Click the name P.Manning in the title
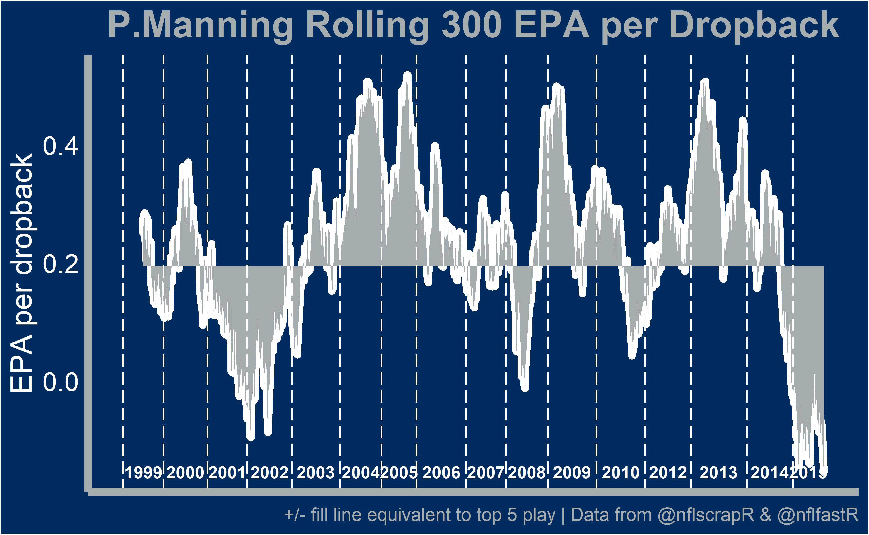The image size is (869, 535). [x=200, y=25]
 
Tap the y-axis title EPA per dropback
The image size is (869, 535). [x=22, y=273]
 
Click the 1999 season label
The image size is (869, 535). [x=143, y=473]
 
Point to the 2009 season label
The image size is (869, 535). [x=572, y=473]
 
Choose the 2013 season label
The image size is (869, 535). [x=718, y=473]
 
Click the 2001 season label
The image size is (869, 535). [x=227, y=473]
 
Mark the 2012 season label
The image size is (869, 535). [x=668, y=473]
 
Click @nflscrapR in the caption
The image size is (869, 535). [x=706, y=515]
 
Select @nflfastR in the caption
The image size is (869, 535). [x=818, y=515]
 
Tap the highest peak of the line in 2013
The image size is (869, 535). [x=705, y=82]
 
